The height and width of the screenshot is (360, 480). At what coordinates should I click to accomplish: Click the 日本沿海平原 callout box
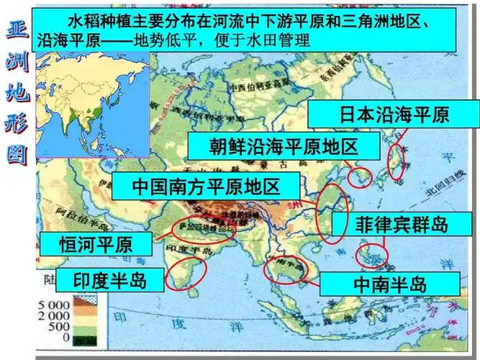pyautogui.click(x=394, y=114)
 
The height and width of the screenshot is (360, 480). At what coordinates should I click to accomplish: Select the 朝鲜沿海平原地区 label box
pyautogui.click(x=284, y=147)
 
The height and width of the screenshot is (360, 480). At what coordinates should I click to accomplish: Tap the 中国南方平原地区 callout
pyautogui.click(x=206, y=186)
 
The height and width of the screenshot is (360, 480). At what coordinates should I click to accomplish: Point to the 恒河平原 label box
pyautogui.click(x=95, y=245)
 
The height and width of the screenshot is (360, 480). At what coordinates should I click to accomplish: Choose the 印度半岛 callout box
pyautogui.click(x=110, y=280)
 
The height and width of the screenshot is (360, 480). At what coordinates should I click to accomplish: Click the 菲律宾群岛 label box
pyautogui.click(x=402, y=225)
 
